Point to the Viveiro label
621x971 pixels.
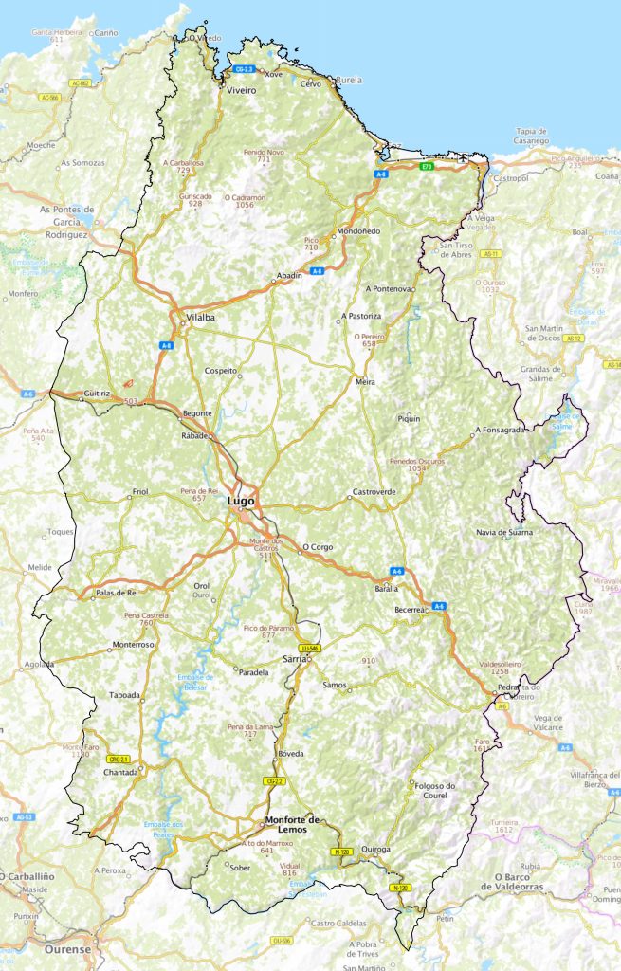241,90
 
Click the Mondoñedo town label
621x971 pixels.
358,231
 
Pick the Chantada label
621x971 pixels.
120,772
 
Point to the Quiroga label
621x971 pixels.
375,850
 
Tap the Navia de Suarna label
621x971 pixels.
504,532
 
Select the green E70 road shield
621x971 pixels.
428,167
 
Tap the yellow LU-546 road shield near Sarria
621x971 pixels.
309,648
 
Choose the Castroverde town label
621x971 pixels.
374,492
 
